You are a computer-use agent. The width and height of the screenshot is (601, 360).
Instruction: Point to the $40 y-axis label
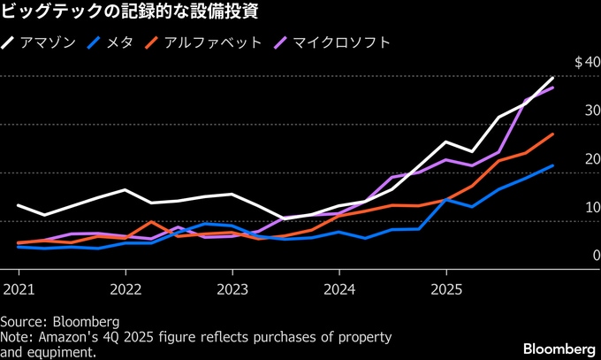tap(587, 62)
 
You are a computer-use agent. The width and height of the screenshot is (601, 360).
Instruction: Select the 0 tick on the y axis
tap(593, 256)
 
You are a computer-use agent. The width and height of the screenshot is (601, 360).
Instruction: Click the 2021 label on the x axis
tap(19, 289)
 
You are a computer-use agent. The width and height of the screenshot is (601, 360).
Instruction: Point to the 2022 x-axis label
tap(126, 289)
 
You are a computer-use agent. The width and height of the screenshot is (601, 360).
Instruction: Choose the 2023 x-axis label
tap(232, 289)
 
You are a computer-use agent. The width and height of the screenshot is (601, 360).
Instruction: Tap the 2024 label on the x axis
tap(339, 289)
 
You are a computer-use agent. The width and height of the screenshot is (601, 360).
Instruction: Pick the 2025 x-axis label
tap(446, 289)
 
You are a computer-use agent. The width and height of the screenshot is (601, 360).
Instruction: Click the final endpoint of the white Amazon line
tap(553, 78)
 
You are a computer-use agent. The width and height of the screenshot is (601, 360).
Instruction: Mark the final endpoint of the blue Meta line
tap(553, 165)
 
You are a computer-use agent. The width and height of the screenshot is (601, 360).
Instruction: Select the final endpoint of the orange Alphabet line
tap(553, 134)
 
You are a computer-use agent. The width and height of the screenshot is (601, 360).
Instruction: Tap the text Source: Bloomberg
tap(59, 320)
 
